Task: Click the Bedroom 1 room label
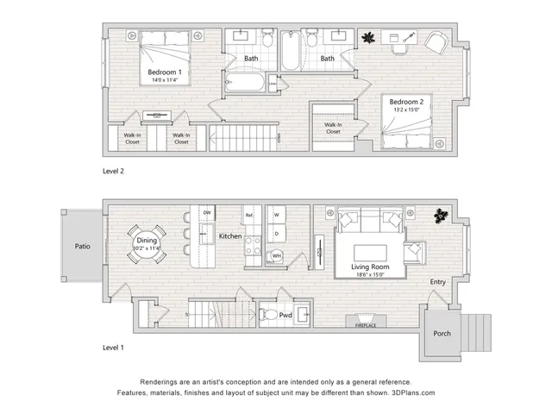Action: point(164,72)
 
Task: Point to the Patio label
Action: point(82,246)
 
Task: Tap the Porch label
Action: point(442,334)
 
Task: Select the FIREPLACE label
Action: point(367,327)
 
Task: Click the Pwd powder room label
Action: point(285,317)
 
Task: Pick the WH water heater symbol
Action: point(277,256)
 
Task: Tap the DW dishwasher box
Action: point(206,213)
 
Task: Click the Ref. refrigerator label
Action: point(249,215)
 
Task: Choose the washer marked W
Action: point(277,215)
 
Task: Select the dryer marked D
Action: point(277,233)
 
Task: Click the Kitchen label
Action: point(229,235)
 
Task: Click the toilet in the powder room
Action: point(268,316)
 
